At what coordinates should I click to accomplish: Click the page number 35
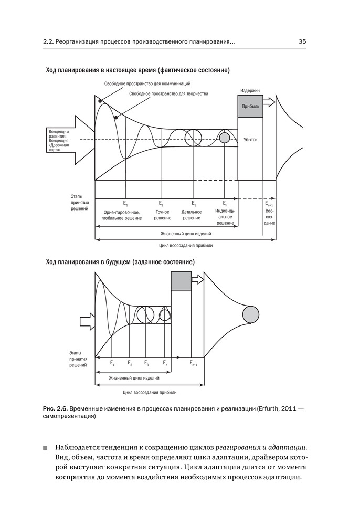(302, 41)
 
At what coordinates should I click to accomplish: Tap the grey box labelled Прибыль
(250, 106)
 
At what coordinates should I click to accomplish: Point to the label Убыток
(250, 140)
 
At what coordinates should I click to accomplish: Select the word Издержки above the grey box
(250, 90)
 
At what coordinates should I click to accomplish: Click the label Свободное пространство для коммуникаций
(147, 83)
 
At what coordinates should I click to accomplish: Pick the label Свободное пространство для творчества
(168, 93)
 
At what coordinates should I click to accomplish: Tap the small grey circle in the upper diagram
(225, 138)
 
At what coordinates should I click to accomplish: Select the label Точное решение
(162, 215)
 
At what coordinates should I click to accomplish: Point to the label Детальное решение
(192, 215)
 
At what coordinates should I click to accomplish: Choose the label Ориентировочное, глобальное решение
(122, 215)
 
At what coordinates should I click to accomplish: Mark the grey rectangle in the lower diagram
(181, 280)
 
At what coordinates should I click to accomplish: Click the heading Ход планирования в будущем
(120, 261)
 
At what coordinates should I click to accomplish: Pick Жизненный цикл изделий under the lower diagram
(134, 377)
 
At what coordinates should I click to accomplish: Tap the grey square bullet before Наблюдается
(45, 448)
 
